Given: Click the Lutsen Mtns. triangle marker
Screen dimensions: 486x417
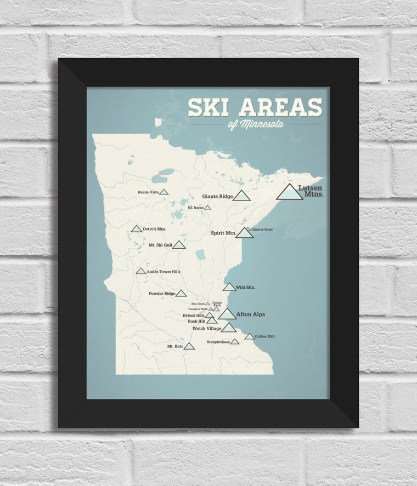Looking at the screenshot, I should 289,193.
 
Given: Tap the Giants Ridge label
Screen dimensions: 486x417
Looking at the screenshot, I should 216,196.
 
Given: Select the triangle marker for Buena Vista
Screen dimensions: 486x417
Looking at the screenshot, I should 164,192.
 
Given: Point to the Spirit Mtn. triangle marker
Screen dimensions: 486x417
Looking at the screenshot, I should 244,233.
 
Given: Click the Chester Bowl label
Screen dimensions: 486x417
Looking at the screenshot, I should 262,229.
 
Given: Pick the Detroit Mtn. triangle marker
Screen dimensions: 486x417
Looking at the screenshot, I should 136,229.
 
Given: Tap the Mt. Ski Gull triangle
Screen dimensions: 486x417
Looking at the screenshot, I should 179,245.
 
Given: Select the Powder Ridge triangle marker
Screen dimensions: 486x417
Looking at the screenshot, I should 181,294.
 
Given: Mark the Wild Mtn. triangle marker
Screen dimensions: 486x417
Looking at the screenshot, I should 229,287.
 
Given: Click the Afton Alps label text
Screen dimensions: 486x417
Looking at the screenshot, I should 250,315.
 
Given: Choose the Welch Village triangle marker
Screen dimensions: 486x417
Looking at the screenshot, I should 229,328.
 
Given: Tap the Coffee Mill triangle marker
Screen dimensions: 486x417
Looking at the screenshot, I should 249,336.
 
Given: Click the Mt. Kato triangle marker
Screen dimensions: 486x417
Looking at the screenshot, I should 189,346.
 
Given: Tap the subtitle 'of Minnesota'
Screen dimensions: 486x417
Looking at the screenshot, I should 256,124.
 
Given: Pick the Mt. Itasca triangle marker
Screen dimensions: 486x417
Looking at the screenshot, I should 207,208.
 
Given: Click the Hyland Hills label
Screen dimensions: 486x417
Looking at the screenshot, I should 194,316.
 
